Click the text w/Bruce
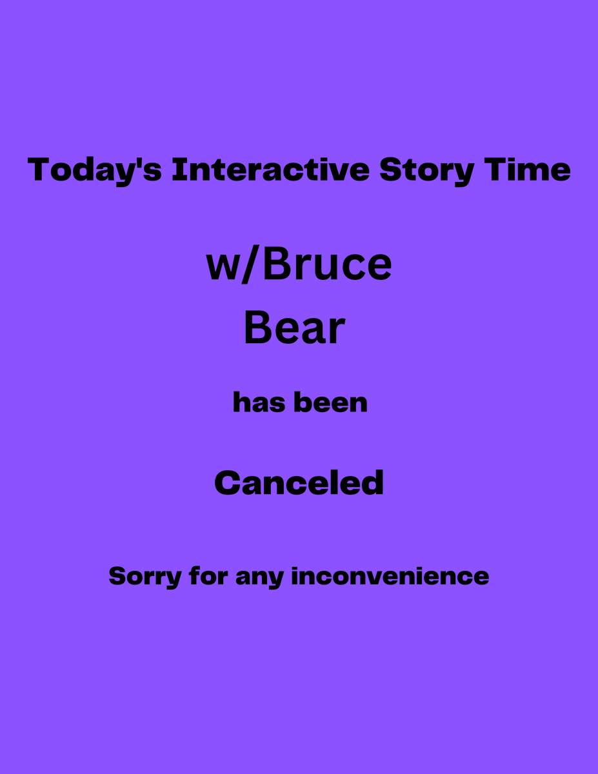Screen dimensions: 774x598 [x=299, y=264]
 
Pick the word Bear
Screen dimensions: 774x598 [x=294, y=328]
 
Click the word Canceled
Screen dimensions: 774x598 [x=299, y=483]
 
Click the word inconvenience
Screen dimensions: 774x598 [x=390, y=576]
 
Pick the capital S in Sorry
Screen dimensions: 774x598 [x=117, y=576]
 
